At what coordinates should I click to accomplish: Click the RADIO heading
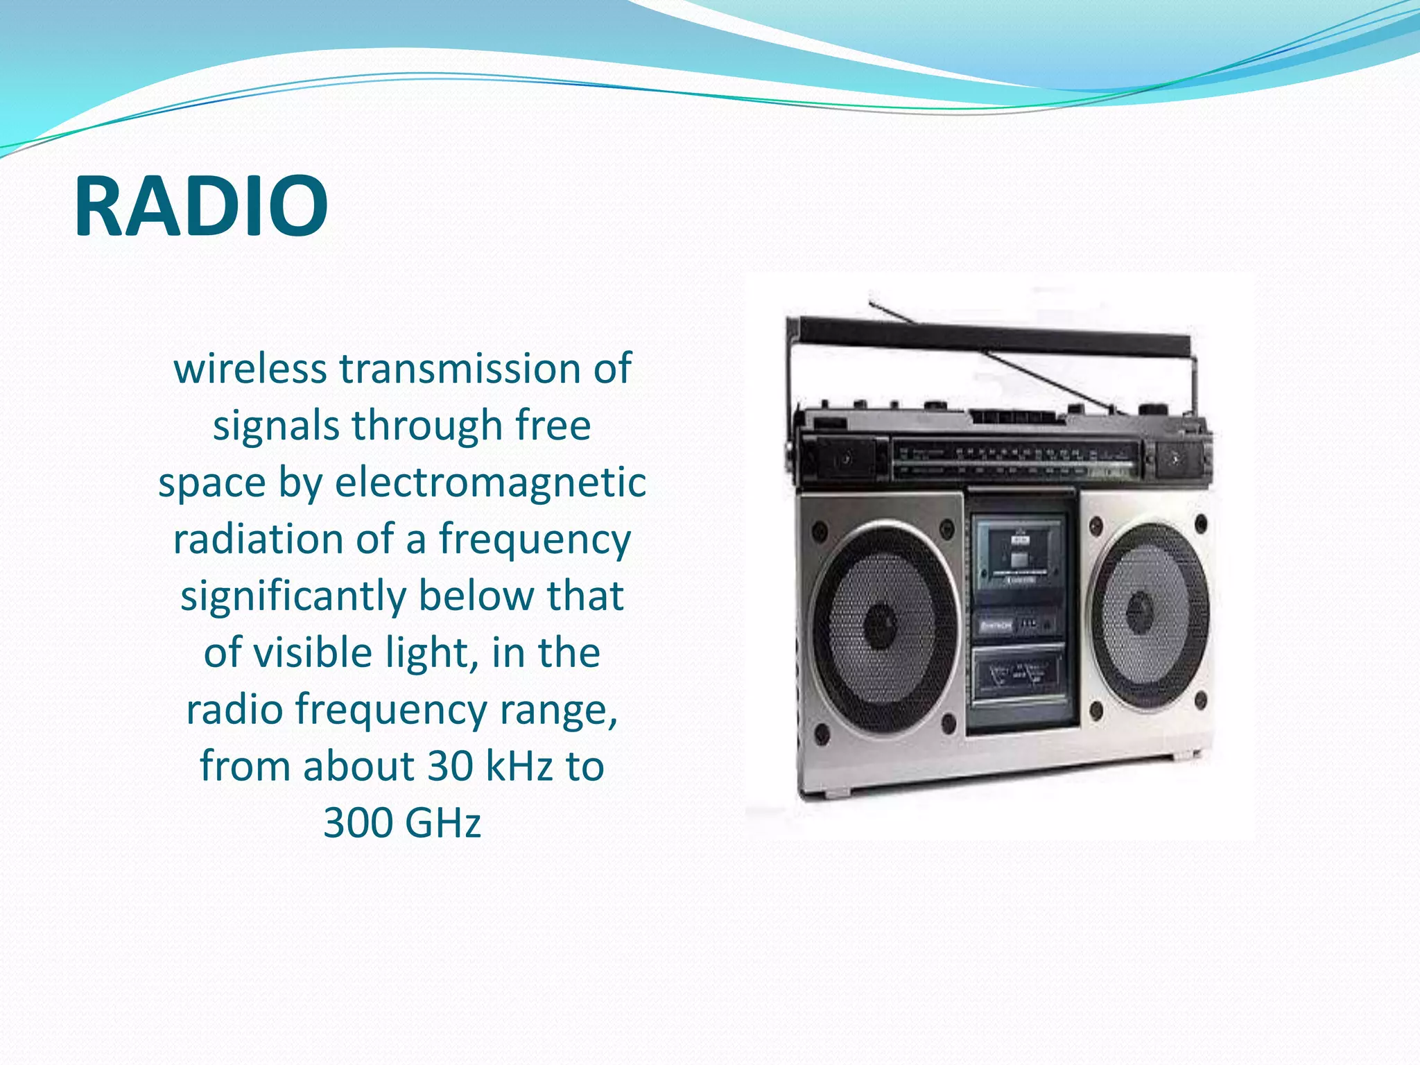click(200, 207)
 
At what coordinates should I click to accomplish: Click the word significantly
click(293, 596)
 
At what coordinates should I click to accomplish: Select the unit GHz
click(442, 823)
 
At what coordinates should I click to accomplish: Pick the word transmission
click(460, 368)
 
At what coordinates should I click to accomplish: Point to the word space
click(212, 482)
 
